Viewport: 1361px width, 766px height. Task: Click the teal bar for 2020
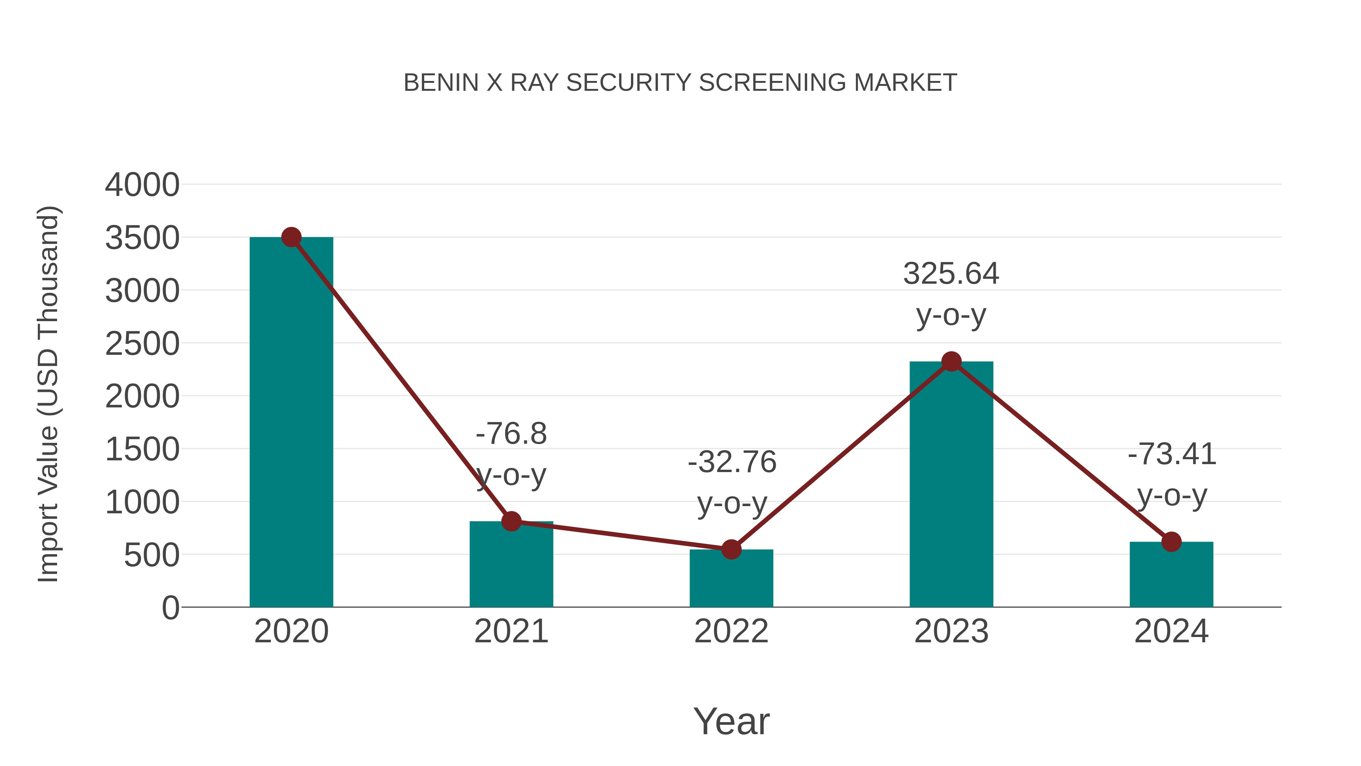(291, 423)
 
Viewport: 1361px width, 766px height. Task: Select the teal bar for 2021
(511, 566)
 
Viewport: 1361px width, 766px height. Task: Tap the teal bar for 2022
(731, 579)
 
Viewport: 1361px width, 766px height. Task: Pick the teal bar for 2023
(951, 486)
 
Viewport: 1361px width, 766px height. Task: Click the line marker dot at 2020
(291, 237)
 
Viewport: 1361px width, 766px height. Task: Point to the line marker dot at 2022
(731, 550)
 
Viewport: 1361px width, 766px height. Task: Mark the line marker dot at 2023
(951, 362)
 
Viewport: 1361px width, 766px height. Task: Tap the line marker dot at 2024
(1171, 542)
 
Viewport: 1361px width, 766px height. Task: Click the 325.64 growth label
(951, 274)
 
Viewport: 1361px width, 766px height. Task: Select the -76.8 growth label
(511, 434)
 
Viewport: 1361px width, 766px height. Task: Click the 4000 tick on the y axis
(142, 185)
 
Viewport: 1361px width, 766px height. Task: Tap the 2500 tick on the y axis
(142, 343)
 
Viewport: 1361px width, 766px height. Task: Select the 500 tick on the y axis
(152, 555)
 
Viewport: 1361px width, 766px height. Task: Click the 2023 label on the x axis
(951, 631)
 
